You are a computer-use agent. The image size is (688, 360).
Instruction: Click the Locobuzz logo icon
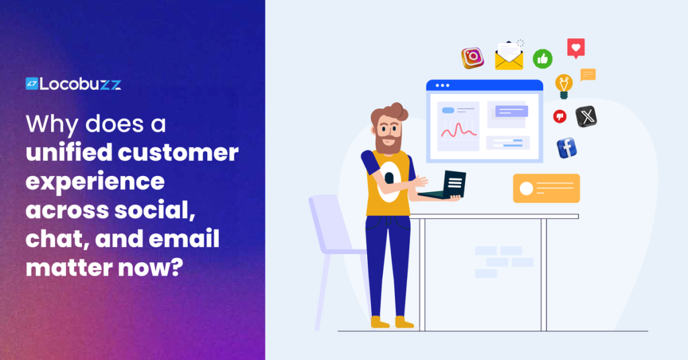coord(32,84)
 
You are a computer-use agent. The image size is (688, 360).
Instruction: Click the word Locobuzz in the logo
coord(80,84)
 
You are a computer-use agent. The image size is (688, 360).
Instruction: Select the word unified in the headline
coord(66,152)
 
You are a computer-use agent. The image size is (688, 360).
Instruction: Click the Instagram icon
coord(472,58)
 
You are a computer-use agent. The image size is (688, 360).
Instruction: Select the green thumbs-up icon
coord(542,58)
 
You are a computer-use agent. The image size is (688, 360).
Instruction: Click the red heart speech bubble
coord(576,48)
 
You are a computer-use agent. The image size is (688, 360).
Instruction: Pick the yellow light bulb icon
coord(564,86)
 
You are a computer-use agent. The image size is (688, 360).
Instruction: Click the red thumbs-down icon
coord(560,116)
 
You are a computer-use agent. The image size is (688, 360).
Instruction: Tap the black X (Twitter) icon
coord(587,116)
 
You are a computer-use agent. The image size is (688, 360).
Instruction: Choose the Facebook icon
coord(566,148)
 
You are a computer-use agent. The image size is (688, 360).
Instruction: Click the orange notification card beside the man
coord(546,188)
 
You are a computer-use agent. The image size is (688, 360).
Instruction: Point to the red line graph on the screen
coord(458,129)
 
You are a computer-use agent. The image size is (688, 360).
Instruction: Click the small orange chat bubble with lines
coord(588,75)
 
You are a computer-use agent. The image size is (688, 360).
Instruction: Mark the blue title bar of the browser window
coord(484,85)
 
